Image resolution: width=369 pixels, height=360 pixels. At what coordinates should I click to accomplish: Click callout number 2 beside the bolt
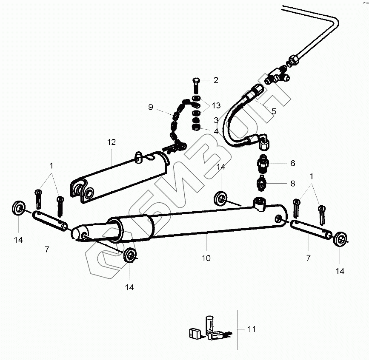pyautogui.click(x=216, y=80)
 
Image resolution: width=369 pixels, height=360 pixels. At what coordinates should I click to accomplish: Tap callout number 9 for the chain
pyautogui.click(x=151, y=107)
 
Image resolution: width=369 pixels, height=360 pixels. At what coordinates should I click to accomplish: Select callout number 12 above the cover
pyautogui.click(x=111, y=142)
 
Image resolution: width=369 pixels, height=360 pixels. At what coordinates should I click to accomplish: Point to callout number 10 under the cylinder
pyautogui.click(x=206, y=258)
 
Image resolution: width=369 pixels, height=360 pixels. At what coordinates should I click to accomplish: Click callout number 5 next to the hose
pyautogui.click(x=274, y=111)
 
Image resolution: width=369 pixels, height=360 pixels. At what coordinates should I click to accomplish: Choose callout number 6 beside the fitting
pyautogui.click(x=292, y=163)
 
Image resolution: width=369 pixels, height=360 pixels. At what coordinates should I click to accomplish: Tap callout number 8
pyautogui.click(x=292, y=184)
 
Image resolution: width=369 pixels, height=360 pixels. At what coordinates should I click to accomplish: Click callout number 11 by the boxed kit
pyautogui.click(x=252, y=329)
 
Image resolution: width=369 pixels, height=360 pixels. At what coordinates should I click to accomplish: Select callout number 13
pyautogui.click(x=216, y=105)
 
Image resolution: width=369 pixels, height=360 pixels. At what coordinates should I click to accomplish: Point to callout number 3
pyautogui.click(x=216, y=120)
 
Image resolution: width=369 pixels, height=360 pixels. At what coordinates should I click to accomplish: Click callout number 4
pyautogui.click(x=216, y=132)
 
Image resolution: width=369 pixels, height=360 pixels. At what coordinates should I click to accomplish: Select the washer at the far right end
pyautogui.click(x=340, y=238)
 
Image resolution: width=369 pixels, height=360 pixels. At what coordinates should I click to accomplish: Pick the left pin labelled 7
pyautogui.click(x=49, y=221)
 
